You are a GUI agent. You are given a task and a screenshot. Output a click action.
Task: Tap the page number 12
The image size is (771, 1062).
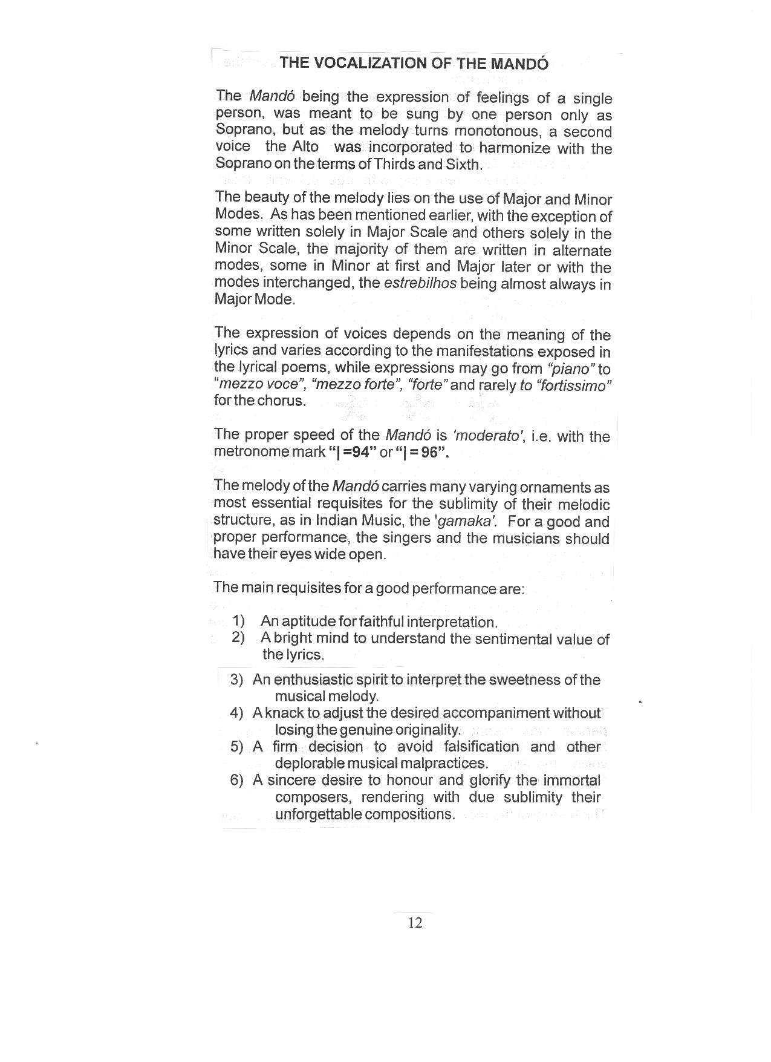[x=415, y=922]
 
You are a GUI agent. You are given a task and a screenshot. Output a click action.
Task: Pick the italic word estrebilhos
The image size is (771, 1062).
[x=420, y=283]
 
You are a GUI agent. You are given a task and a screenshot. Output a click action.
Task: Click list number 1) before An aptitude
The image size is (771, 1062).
[x=238, y=621]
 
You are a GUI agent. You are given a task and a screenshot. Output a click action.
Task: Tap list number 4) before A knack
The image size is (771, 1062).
[x=236, y=713]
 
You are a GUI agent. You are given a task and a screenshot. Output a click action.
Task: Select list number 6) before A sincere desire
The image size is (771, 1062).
[x=236, y=780]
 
